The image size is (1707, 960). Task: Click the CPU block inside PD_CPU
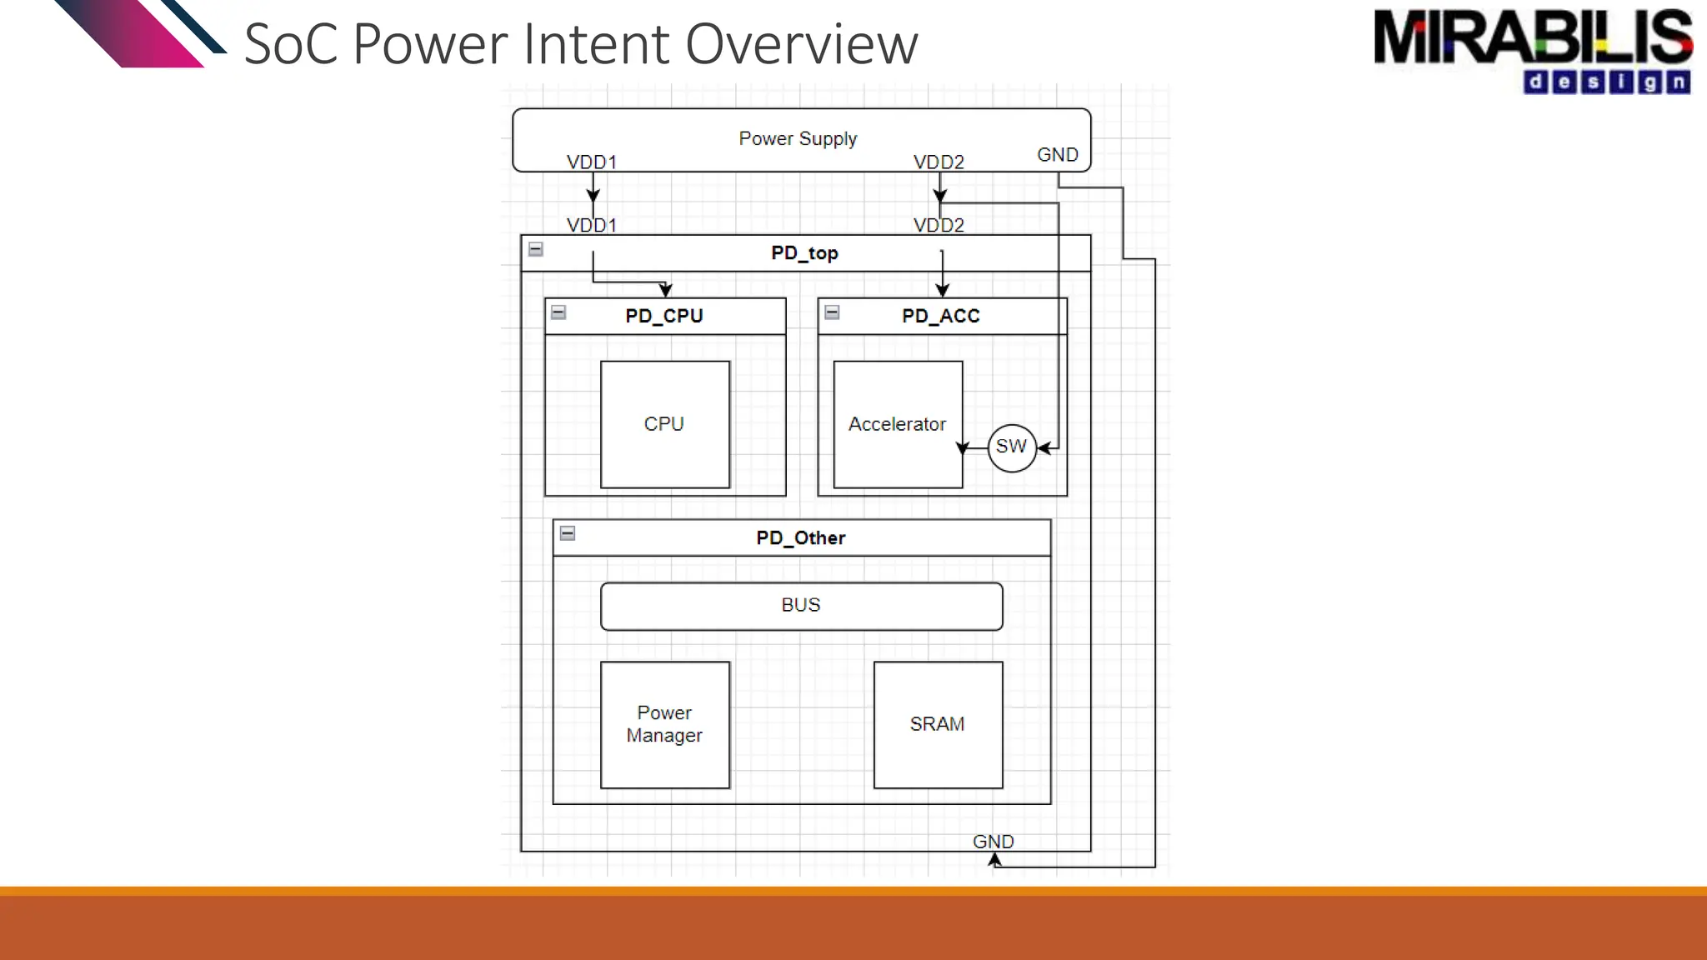pos(664,424)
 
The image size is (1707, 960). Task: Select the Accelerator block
pos(897,424)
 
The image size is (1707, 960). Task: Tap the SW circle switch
pos(1011,447)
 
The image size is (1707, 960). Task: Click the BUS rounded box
pos(801,606)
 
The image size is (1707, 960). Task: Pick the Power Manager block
pos(664,724)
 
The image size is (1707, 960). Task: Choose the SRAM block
pos(937,724)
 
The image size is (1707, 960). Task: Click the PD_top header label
pos(804,253)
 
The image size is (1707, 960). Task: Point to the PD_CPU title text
pos(664,317)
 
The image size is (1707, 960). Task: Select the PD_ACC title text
pos(940,317)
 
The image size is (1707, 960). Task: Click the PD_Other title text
pos(800,538)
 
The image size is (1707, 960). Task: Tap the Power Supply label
pos(798,138)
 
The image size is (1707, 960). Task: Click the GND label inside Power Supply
pos(1057,155)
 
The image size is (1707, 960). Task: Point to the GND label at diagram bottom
pos(993,842)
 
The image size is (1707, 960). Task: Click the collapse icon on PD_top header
pos(536,249)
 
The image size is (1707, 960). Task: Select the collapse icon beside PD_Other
pos(568,533)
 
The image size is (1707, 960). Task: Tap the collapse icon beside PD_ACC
pos(832,312)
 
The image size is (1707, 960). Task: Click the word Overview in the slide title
pos(801,44)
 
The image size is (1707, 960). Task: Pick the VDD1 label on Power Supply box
pos(591,162)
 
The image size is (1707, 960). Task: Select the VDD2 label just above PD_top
pos(939,226)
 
